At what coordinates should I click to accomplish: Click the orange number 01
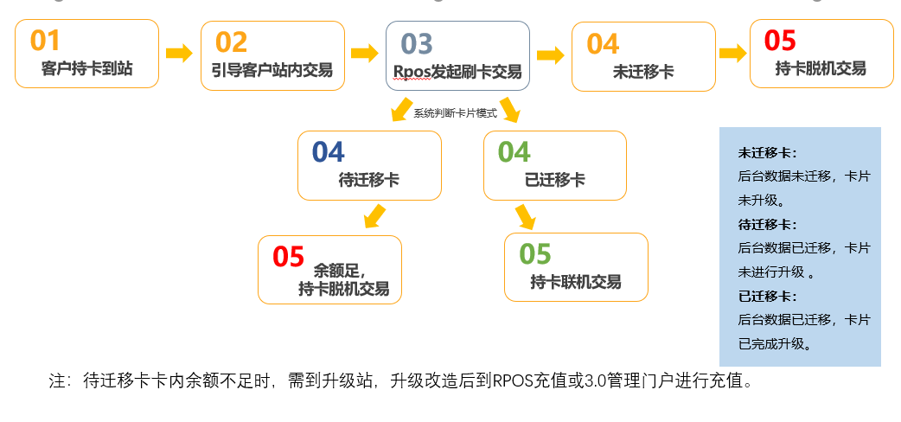click(45, 41)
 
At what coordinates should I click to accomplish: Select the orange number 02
click(231, 42)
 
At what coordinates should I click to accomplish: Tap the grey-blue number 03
click(416, 43)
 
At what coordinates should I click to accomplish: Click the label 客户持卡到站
click(86, 69)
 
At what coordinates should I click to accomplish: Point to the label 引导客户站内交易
click(272, 70)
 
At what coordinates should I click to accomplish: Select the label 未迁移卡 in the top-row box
click(643, 72)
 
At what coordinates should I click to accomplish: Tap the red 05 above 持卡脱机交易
click(780, 41)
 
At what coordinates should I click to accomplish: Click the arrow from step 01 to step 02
click(179, 53)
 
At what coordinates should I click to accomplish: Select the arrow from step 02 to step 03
click(365, 53)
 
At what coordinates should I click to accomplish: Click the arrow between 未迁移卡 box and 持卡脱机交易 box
click(732, 53)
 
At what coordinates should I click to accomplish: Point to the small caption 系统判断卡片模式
click(450, 113)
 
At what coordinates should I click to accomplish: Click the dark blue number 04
click(328, 152)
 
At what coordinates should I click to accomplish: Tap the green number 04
click(514, 152)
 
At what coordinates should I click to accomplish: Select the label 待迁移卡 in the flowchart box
click(368, 181)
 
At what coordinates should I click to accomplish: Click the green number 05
click(535, 254)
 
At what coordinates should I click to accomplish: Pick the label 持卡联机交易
click(576, 282)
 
